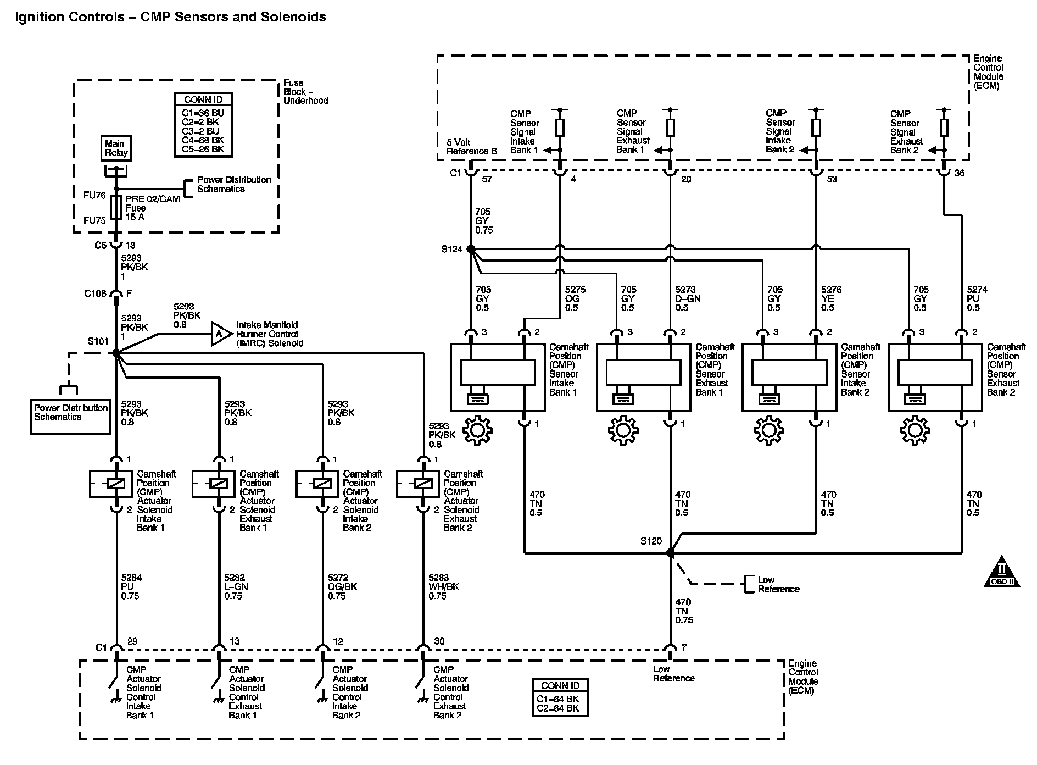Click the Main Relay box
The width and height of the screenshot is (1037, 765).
pos(116,148)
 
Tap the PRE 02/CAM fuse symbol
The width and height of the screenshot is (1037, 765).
pos(116,208)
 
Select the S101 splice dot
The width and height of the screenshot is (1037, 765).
pos(116,353)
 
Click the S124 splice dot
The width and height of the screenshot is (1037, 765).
pos(471,249)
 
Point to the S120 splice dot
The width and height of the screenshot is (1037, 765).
pos(670,553)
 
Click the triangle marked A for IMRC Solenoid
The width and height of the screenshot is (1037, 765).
pos(220,334)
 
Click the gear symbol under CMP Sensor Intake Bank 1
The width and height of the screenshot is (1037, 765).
pos(477,431)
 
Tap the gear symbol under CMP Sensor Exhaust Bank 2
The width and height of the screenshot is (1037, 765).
pos(915,431)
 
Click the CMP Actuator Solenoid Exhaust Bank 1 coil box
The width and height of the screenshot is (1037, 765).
pos(214,484)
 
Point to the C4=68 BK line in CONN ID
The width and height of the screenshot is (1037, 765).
pos(203,140)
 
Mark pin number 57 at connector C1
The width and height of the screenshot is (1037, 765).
pos(487,180)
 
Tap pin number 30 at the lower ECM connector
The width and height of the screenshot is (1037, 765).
pos(439,641)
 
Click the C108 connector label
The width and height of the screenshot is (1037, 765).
pos(95,294)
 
